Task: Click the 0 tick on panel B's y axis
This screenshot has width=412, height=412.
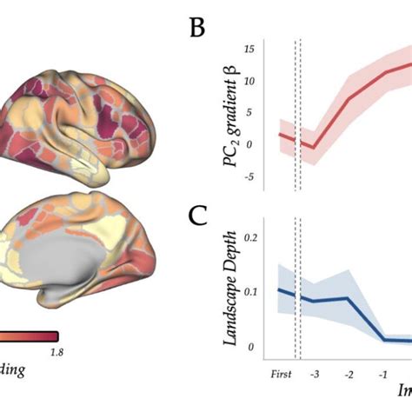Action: point(249,145)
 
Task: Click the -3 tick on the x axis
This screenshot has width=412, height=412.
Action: point(314,374)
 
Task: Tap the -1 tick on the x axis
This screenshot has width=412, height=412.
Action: point(382,374)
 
